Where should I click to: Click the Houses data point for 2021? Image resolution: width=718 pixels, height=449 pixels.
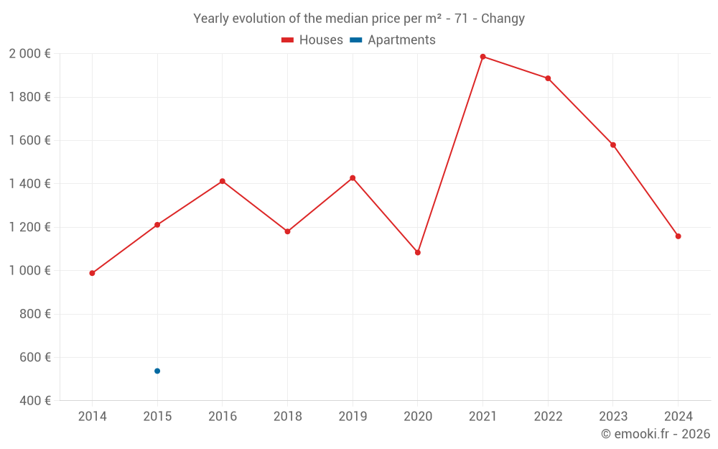(x=482, y=57)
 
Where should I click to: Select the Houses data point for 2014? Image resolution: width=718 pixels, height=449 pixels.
(x=92, y=273)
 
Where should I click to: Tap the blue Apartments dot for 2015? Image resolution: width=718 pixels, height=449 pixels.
(x=157, y=371)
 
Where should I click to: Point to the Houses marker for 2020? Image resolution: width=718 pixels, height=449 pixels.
(x=417, y=252)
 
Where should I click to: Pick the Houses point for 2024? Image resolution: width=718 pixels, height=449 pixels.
(x=678, y=236)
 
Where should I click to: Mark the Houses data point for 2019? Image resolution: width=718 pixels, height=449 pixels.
(x=353, y=177)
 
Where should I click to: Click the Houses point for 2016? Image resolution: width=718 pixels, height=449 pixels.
(x=223, y=181)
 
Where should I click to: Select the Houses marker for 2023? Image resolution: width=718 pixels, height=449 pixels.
(x=612, y=145)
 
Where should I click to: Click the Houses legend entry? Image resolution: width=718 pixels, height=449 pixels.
(x=312, y=40)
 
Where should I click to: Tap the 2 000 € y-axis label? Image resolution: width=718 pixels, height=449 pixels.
(x=29, y=54)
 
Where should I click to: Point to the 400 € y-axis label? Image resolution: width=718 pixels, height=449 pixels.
(x=34, y=400)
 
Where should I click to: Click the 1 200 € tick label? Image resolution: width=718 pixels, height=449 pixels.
(x=29, y=227)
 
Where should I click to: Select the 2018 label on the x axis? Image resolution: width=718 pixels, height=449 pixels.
(x=287, y=417)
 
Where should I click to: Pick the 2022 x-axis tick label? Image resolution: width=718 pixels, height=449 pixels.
(x=548, y=417)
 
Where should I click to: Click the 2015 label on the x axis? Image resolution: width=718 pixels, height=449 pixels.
(x=157, y=417)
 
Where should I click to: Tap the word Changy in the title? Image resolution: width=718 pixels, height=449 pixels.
(x=503, y=19)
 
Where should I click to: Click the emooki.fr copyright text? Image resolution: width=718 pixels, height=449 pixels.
(x=655, y=434)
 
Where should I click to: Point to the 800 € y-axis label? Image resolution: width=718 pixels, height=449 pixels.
(x=34, y=314)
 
